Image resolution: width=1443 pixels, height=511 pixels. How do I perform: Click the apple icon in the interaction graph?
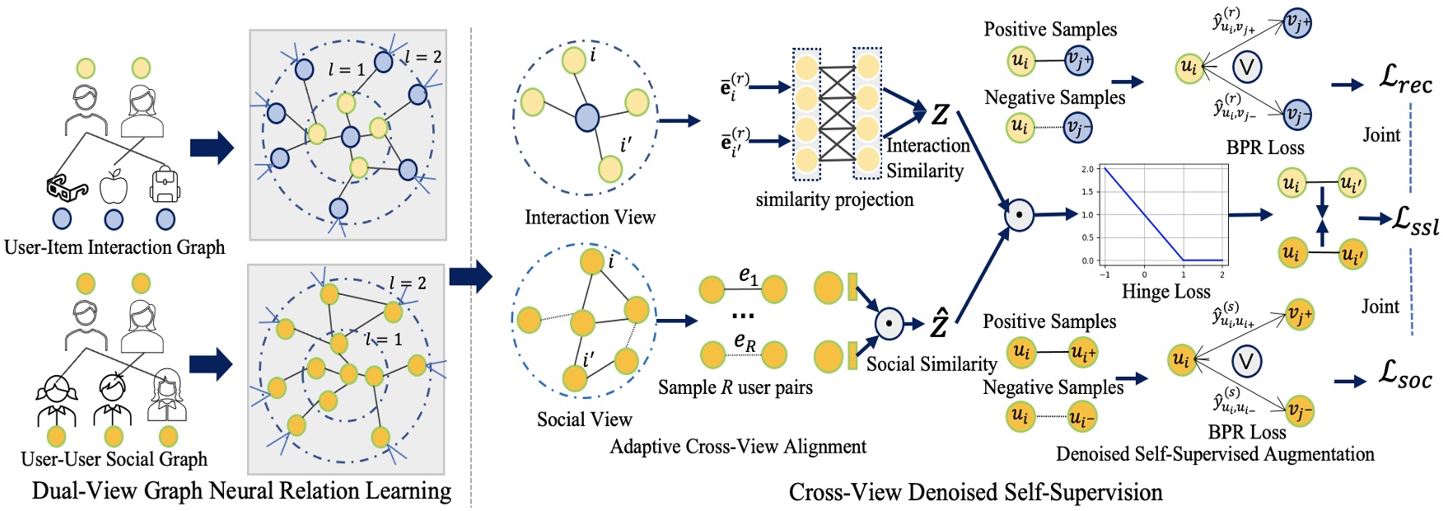(x=114, y=187)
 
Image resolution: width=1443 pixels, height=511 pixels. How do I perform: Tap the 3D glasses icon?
(x=67, y=189)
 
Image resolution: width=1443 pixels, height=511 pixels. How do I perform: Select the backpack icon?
(x=165, y=185)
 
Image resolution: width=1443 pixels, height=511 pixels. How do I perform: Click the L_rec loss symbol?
(x=1405, y=80)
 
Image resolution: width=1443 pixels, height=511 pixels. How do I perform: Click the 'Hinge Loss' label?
(x=1165, y=292)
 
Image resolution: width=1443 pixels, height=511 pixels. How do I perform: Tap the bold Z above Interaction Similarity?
(x=940, y=115)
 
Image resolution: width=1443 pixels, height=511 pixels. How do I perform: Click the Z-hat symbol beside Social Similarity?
(x=939, y=324)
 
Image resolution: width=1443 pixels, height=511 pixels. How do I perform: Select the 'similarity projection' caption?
(x=834, y=199)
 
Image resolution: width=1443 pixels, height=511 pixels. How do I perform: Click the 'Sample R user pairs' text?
(x=735, y=387)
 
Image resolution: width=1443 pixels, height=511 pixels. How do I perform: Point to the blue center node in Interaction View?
(x=586, y=118)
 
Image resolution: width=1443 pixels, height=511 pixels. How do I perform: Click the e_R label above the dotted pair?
(x=745, y=341)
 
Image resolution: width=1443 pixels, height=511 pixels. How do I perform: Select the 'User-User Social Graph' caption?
(x=114, y=459)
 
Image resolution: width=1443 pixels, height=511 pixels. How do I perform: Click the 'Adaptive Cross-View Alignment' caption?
(x=738, y=447)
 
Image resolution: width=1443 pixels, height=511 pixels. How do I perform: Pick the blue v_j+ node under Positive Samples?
(x=1078, y=60)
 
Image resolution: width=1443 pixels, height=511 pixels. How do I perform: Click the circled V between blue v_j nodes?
(x=1247, y=66)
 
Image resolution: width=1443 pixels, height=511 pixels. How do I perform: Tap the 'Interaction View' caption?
(x=590, y=218)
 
